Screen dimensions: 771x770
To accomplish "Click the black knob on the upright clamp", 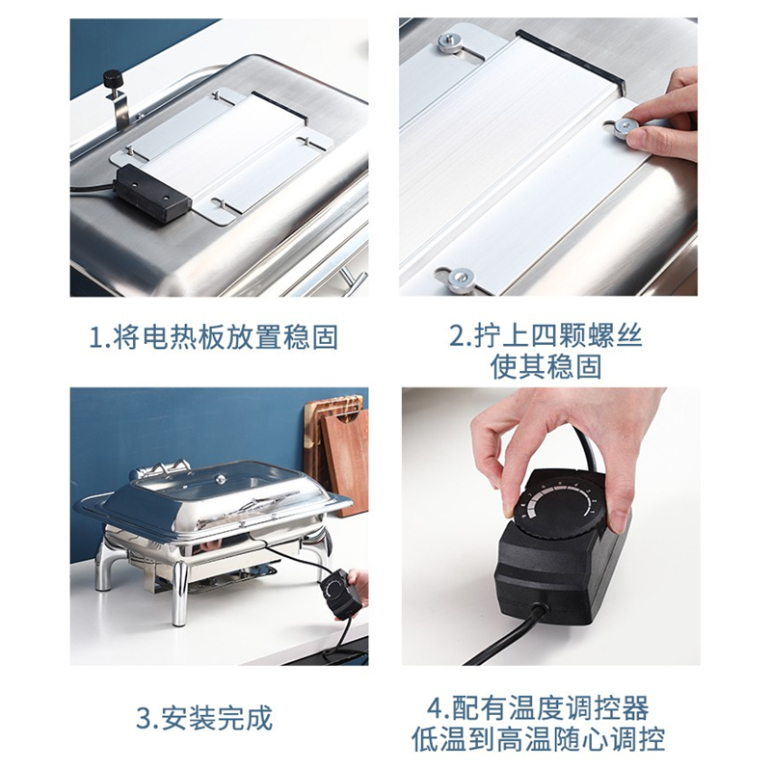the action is [x=114, y=77].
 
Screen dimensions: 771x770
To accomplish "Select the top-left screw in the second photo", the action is [x=448, y=42].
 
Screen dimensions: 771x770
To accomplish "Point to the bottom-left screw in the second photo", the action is [x=462, y=279].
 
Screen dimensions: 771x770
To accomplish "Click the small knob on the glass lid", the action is [x=222, y=477].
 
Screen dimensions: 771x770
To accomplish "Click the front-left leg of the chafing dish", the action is [x=179, y=593].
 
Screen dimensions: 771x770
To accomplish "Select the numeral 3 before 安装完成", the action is [x=144, y=719].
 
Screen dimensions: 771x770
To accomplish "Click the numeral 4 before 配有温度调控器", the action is [x=436, y=708].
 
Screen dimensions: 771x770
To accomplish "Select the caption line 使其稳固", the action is [x=545, y=366].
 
